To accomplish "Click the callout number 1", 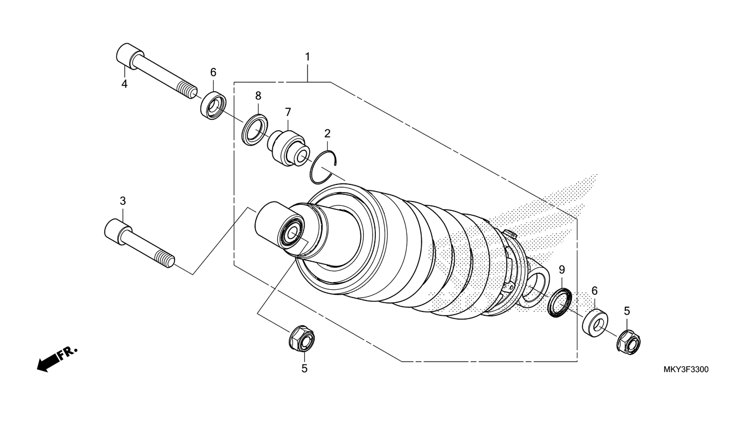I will point(307,57).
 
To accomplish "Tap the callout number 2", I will point(327,133).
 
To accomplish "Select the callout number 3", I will point(123,200).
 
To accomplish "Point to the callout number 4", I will point(124,84).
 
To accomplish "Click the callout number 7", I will point(288,112).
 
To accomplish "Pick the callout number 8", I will point(258,96).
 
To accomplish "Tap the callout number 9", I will point(562,269).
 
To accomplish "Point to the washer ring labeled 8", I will point(254,130).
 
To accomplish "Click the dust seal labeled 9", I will point(559,303).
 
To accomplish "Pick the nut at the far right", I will point(628,342).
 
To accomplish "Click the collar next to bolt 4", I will point(211,105).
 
